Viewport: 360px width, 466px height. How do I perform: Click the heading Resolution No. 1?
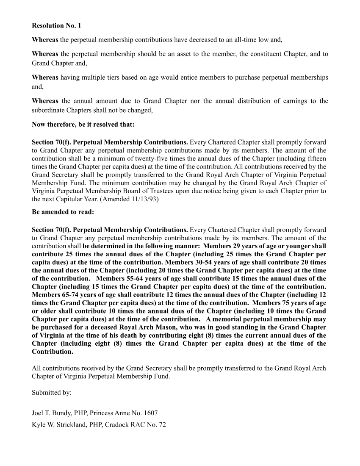tap(56, 26)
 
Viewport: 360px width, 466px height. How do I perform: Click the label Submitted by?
tap(52, 392)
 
